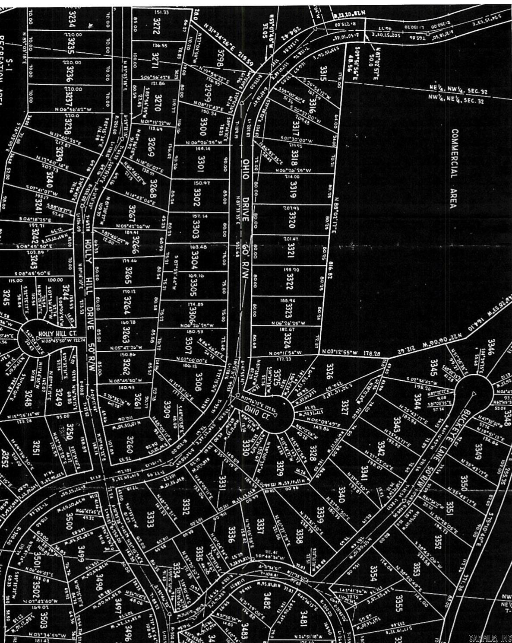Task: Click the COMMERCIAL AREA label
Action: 454,168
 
